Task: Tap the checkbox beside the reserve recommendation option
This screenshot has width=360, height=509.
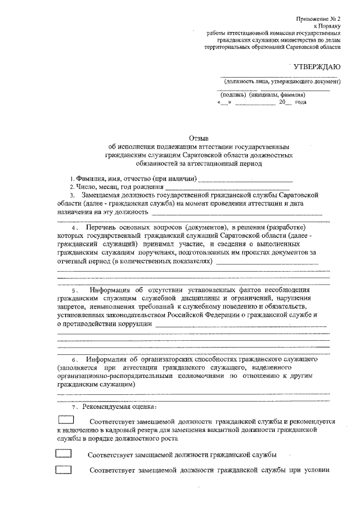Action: pos(66,419)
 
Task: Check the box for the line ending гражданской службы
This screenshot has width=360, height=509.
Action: pos(63,453)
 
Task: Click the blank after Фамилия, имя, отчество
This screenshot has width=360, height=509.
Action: pos(244,179)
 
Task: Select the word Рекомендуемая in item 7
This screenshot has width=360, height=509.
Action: pos(105,407)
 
